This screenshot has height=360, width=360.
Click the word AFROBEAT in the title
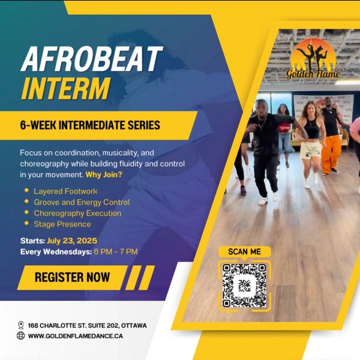(92, 59)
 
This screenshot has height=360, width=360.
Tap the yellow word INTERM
(66, 89)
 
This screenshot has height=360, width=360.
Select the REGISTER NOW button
(73, 277)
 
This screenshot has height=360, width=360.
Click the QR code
(244, 286)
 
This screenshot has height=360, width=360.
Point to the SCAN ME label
(245, 251)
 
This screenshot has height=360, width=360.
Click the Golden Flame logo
(313, 59)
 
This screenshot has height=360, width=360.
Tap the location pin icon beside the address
(21, 325)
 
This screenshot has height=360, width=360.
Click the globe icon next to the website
(20, 335)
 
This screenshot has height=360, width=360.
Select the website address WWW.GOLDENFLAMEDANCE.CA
(76, 336)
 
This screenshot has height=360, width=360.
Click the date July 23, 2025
(72, 241)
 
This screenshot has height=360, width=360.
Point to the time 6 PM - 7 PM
(116, 251)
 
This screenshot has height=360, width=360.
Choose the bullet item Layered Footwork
(65, 191)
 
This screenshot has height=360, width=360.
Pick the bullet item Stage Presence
(62, 224)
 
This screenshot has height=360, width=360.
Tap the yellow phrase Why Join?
(104, 175)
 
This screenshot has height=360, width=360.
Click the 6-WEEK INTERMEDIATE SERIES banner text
(90, 125)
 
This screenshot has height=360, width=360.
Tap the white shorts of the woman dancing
(311, 151)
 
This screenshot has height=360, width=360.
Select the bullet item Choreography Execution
(77, 213)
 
